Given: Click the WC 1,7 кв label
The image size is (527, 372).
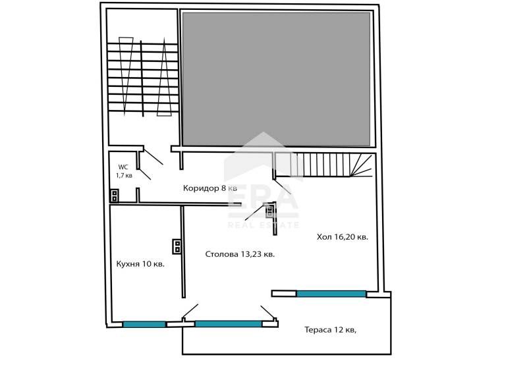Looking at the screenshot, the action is coord(124,171).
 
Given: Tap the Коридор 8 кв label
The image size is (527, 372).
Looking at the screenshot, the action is coord(209,188).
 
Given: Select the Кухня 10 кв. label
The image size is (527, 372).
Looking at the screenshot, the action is coord(140,264).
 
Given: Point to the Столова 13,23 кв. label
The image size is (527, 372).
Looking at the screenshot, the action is coord(240,254).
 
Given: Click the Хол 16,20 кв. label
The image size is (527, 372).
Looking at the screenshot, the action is coord(342,237).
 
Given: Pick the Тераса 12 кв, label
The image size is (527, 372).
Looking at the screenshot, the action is coord(331,330).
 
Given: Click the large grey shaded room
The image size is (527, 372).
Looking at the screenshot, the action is coord(276,79).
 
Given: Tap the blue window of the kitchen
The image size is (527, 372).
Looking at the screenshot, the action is coord(144,325).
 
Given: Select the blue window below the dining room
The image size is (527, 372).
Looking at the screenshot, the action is coord(228,324).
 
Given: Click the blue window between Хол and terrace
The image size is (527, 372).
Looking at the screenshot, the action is coord(331,294).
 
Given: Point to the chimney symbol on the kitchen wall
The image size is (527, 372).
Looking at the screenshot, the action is coord(177,246).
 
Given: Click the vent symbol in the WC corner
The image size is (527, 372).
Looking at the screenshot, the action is coord(115,196).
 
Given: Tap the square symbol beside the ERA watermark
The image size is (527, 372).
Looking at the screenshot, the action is coord(270,210).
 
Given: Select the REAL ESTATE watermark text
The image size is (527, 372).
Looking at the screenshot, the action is coord(263,225).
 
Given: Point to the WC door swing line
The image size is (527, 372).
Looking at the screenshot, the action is coord(144,174).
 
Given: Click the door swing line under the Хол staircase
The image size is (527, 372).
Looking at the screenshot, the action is coord(283,187).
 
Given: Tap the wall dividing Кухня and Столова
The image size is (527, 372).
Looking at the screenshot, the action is coord(183,252).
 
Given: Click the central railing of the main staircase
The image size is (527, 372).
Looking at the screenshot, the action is coord(142,78).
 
